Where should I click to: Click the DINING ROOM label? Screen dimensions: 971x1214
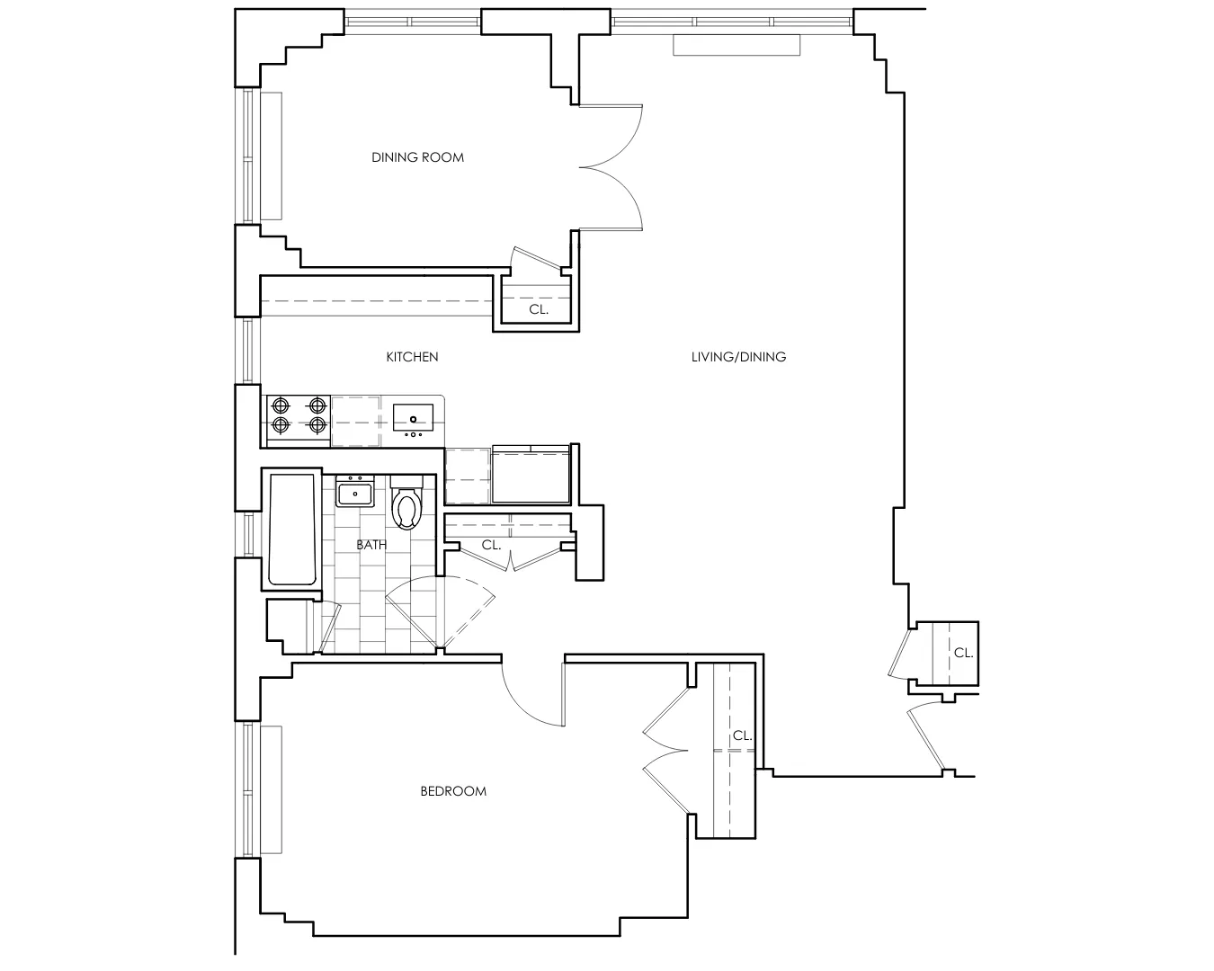[417, 157]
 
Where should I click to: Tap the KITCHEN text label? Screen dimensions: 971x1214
[412, 357]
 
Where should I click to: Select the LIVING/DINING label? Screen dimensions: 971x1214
[738, 357]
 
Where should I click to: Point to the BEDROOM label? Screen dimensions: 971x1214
[453, 791]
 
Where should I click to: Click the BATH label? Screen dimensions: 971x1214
[371, 545]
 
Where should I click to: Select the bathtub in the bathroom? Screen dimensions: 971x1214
[292, 530]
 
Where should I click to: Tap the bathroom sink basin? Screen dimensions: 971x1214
[356, 494]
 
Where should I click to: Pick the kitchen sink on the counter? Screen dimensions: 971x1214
[413, 418]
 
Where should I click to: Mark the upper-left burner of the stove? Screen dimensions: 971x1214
[281, 405]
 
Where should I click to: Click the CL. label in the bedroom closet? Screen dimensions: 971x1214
[742, 735]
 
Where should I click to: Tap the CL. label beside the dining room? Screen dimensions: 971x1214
[538, 309]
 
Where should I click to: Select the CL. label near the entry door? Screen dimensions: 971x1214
[963, 654]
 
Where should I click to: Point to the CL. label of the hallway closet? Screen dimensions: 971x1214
[491, 545]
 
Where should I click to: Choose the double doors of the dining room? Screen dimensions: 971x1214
[611, 166]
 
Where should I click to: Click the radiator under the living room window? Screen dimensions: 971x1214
[736, 46]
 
